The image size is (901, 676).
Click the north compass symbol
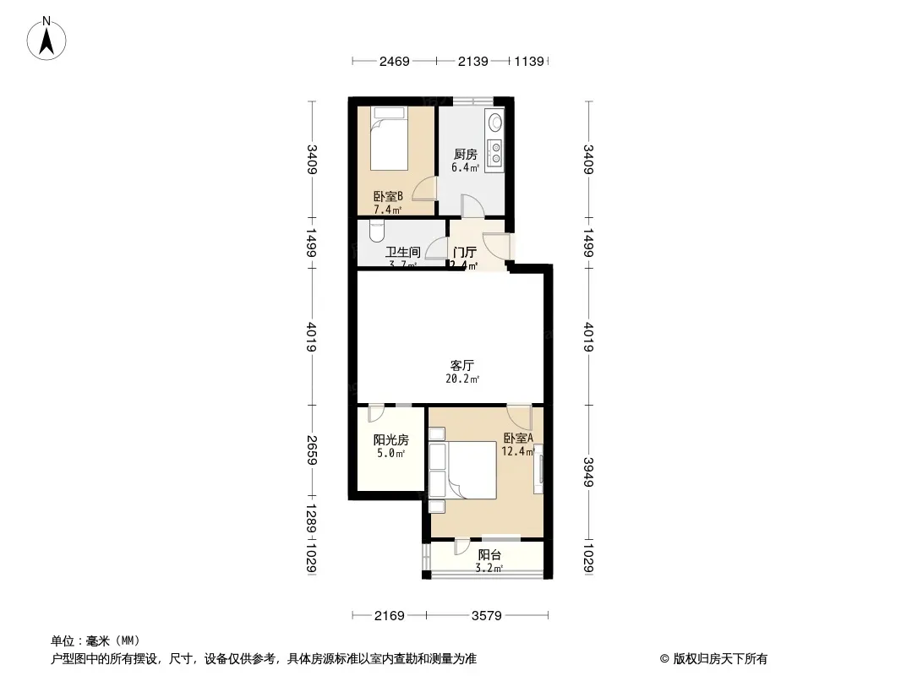(49, 37)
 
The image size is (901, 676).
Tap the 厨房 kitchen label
(465, 155)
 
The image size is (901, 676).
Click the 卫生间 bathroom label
(403, 252)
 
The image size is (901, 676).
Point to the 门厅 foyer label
(465, 252)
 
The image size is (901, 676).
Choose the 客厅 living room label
(461, 366)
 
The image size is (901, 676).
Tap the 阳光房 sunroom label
(391, 440)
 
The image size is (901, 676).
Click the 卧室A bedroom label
(518, 439)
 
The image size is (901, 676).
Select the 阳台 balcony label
(489, 555)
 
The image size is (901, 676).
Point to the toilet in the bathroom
(378, 229)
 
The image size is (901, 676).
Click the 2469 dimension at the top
(394, 62)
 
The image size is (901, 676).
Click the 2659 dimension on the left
(312, 450)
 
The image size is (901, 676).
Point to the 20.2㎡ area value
(462, 379)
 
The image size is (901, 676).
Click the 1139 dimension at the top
(532, 62)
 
